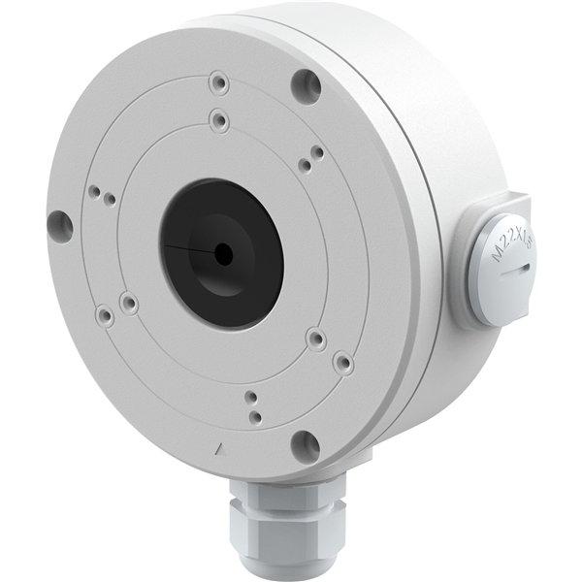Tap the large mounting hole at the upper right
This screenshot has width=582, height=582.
[x=306, y=85]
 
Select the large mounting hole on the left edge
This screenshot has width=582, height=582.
[x=59, y=224]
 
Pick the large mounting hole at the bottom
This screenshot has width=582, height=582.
[x=305, y=444]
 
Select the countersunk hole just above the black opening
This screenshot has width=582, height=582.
[x=218, y=121]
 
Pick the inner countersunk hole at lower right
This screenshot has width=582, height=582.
[x=315, y=339]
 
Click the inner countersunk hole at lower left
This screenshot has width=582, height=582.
[x=129, y=304]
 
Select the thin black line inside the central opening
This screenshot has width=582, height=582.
[x=189, y=249]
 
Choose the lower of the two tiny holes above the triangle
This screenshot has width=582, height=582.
[x=254, y=415]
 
